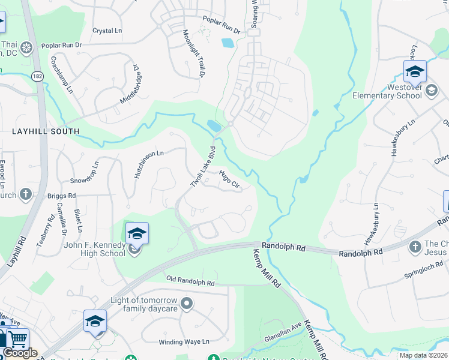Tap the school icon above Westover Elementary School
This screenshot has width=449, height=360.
415,72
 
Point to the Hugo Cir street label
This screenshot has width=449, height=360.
231,179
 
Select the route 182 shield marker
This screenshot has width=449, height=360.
38,77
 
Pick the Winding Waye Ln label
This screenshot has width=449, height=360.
184,342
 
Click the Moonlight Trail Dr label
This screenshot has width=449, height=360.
194,53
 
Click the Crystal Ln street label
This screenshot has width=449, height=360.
107,31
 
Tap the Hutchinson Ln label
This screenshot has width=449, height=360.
148,163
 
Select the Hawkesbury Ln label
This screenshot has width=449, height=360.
403,139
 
